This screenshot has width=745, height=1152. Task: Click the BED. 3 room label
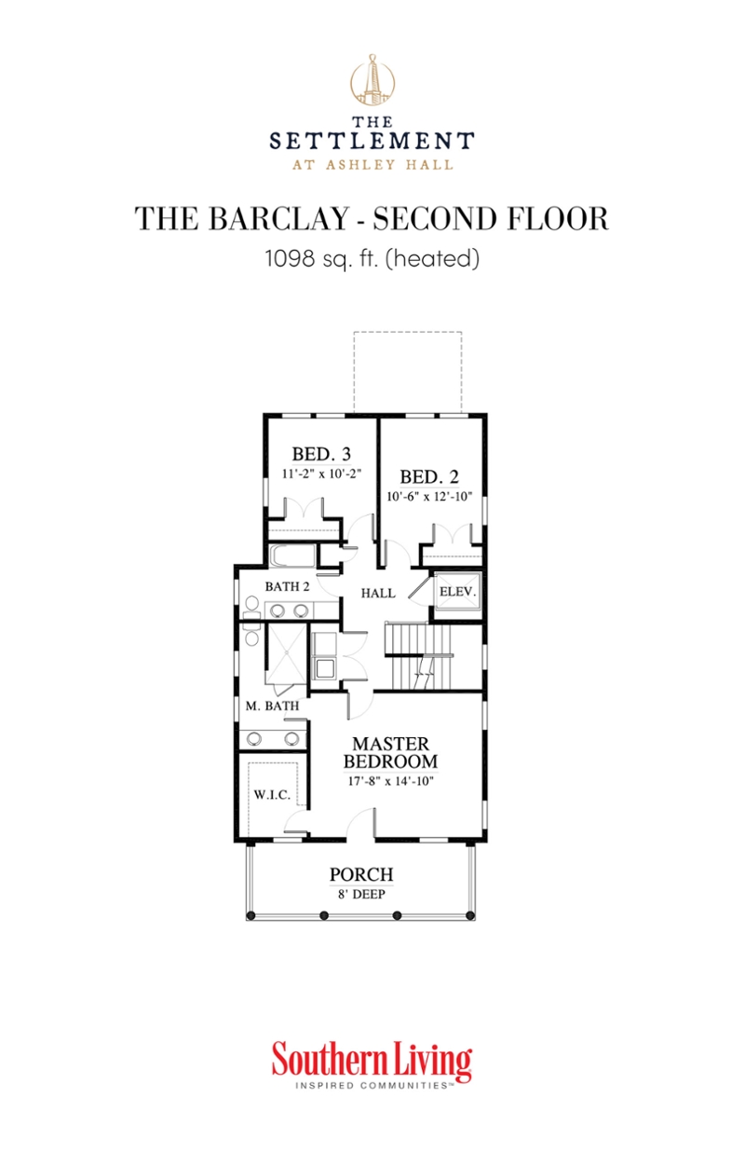[x=321, y=455]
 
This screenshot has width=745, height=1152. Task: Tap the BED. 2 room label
[x=429, y=473]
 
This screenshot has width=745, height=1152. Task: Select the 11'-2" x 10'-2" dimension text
[x=321, y=473]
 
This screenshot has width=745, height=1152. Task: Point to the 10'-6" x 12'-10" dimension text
[x=430, y=497]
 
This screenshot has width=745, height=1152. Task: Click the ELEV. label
[x=458, y=592]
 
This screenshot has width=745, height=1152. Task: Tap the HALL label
[x=378, y=593]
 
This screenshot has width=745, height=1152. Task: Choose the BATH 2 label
[x=287, y=587]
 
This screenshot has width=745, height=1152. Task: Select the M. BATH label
[x=272, y=706]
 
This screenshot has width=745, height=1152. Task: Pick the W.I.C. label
[x=274, y=795]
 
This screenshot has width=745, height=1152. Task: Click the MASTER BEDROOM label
[x=390, y=752]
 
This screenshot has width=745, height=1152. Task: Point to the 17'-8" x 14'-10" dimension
[x=390, y=780]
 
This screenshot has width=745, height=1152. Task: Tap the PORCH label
[x=361, y=875]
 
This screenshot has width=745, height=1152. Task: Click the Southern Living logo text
[x=372, y=1062]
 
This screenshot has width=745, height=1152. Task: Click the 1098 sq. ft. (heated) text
[x=372, y=259]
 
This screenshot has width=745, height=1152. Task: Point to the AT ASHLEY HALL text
[x=372, y=165]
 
